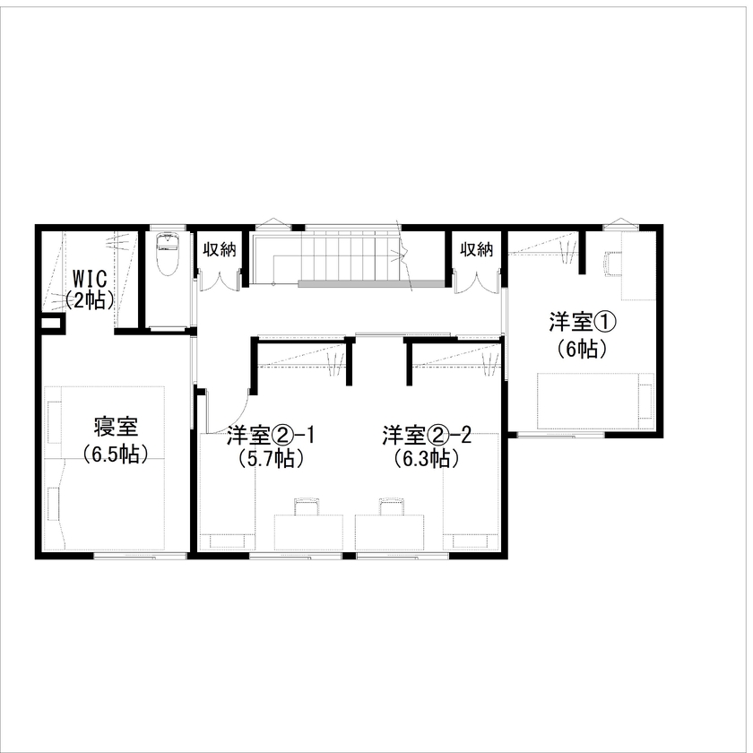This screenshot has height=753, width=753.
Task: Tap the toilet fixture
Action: pyautogui.click(x=168, y=255)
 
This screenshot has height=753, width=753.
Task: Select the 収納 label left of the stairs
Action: pyautogui.click(x=218, y=249)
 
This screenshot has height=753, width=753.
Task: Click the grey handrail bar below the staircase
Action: pyautogui.click(x=372, y=284)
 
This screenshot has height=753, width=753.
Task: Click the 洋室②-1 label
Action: pyautogui.click(x=270, y=436)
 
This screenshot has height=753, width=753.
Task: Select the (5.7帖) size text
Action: pyautogui.click(x=270, y=459)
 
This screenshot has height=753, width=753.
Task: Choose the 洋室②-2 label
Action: pyautogui.click(x=427, y=436)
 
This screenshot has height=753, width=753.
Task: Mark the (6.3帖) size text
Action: pyautogui.click(x=427, y=459)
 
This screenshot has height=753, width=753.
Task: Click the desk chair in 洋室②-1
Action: pyautogui.click(x=307, y=507)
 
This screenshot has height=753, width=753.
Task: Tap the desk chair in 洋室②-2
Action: pyautogui.click(x=391, y=507)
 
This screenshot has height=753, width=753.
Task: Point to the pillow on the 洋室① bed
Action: pyautogui.click(x=645, y=402)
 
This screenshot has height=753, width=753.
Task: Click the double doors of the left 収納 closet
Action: pyautogui.click(x=218, y=280)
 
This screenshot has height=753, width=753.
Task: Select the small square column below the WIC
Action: pyautogui.click(x=51, y=324)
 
